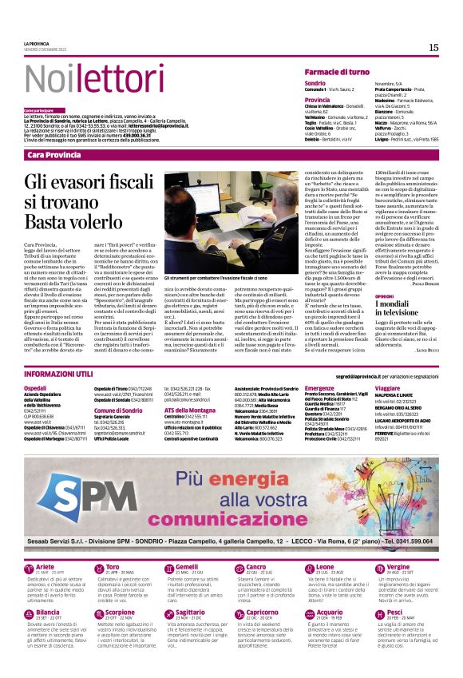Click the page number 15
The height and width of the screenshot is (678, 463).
pyautogui.click(x=433, y=48)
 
